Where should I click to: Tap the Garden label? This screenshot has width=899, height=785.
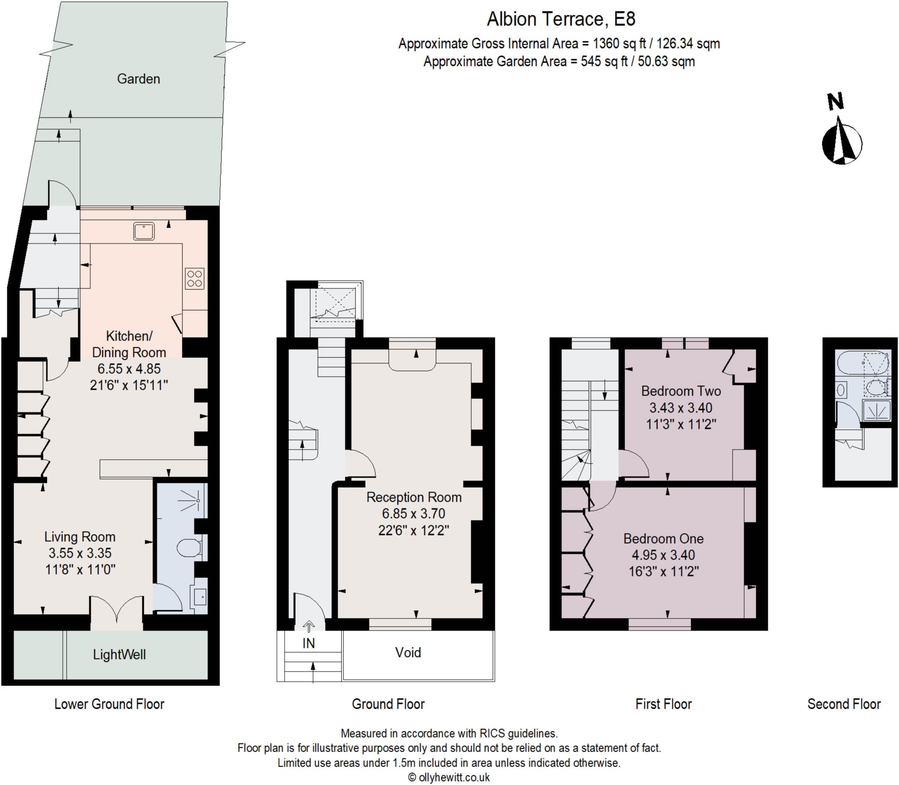coord(138,79)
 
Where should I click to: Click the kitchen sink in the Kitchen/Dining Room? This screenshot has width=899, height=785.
coord(144,231)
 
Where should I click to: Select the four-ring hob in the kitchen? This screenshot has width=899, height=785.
coord(194,279)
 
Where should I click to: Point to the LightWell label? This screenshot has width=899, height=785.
coord(119,655)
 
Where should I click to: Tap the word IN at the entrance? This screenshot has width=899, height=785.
coord(309,643)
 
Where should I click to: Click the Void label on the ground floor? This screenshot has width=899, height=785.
coord(408,652)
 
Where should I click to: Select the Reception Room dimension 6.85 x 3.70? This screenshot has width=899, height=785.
coord(414,514)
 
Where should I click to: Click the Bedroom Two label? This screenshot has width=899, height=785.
coord(680,391)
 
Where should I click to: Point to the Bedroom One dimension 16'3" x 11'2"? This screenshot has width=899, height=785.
coord(663,571)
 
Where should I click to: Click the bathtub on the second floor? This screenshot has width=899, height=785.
coord(863,363)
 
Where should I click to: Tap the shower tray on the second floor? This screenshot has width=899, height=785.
coord(877,410)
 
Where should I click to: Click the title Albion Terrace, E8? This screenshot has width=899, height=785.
coord(561,19)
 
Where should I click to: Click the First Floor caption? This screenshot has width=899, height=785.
coord(663,704)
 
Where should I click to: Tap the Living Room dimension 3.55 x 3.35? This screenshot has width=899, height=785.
coord(80,553)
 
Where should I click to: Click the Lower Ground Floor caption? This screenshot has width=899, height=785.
coord(109,704)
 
